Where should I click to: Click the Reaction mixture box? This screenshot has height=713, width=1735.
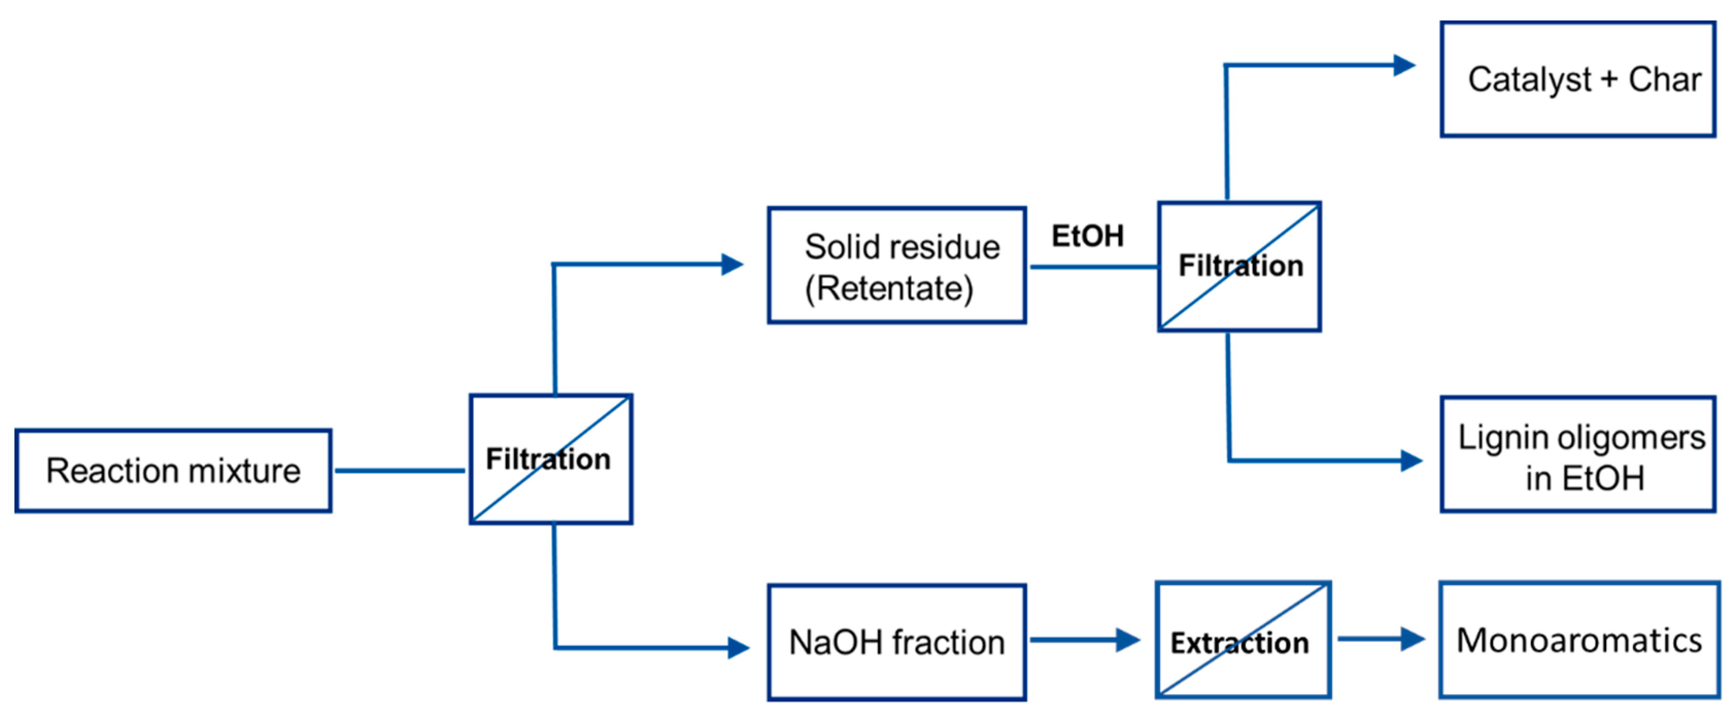173,471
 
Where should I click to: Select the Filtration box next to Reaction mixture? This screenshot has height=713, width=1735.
550,459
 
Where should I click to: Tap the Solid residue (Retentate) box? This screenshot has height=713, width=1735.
896,265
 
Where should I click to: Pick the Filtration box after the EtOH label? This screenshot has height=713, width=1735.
1239,266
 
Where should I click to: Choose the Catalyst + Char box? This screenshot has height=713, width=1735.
1577,79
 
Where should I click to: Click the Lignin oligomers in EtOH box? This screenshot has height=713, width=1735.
1577,454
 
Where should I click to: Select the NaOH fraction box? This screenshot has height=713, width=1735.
896,642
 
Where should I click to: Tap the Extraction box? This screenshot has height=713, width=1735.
1243,640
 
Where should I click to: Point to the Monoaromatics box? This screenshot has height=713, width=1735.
1579,640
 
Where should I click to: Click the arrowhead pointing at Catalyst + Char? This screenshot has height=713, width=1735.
1404,65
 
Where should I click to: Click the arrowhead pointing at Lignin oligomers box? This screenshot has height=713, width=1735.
1410,461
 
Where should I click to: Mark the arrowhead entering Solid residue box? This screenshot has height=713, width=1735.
732,264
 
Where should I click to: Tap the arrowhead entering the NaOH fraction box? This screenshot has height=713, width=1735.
738,648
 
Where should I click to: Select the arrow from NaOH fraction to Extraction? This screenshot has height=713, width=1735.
1084,640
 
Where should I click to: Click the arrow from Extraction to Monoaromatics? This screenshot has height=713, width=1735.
1381,639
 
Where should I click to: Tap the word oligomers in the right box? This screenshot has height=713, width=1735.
1638,438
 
